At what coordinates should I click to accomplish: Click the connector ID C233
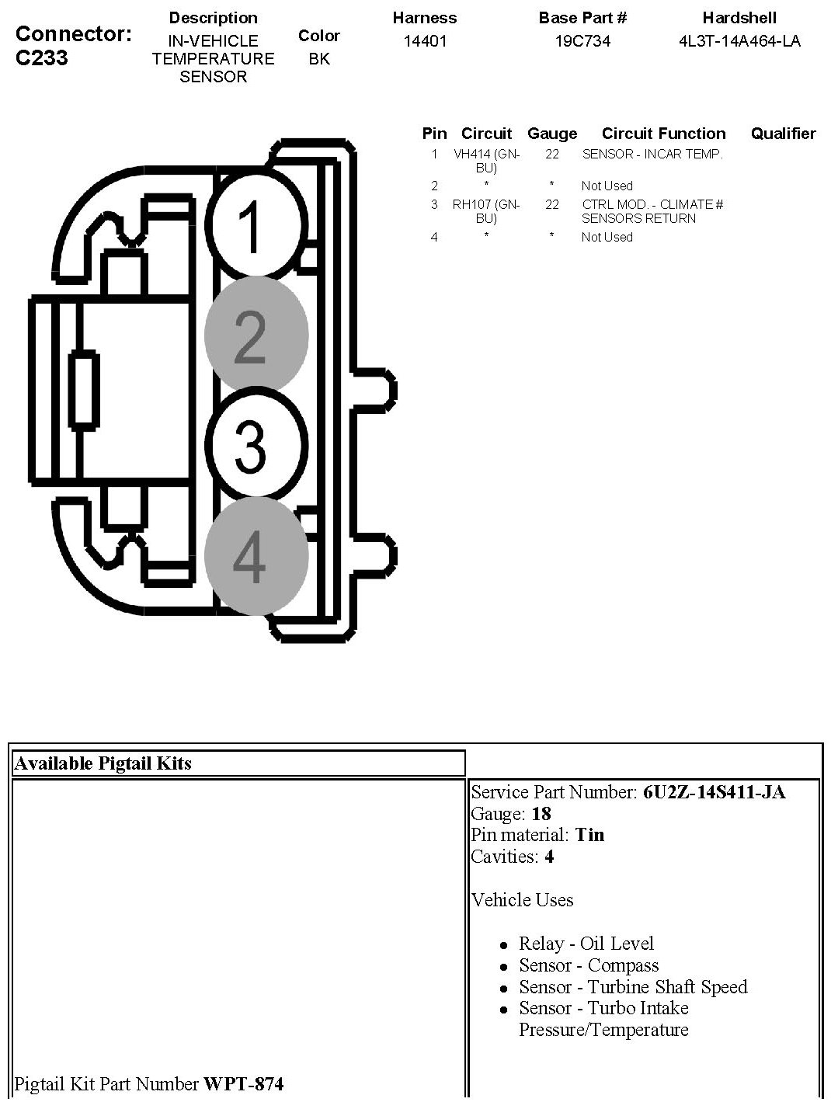coord(41,58)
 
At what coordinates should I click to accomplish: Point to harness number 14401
coord(425,41)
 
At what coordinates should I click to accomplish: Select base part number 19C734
coord(582,41)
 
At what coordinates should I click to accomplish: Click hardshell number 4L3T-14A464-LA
coord(739,41)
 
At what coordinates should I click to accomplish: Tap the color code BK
coord(318,59)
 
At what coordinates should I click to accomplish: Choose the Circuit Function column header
coord(663,134)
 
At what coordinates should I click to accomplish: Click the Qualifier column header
coord(783,134)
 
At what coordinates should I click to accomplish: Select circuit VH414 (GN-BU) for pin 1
coord(486,161)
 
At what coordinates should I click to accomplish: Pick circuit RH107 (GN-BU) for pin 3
coord(486,211)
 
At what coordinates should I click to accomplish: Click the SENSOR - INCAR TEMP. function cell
coord(652,154)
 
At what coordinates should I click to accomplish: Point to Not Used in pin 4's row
coord(607,237)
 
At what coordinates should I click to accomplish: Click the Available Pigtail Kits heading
coord(103,763)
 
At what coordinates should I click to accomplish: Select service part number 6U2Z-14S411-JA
coord(714,792)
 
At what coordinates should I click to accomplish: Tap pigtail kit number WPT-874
coord(243,1083)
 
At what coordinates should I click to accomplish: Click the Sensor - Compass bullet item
coord(589,965)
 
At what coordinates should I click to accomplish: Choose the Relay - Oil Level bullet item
coord(586,944)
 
